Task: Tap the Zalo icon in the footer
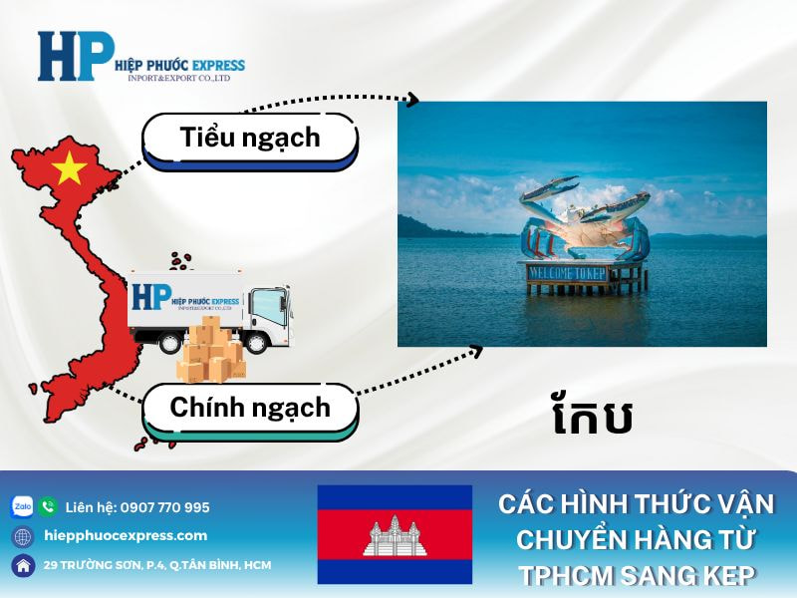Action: pos(22,506)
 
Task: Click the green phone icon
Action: pos(48,506)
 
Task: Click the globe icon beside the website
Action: pos(22,536)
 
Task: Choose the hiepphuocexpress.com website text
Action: pos(127,535)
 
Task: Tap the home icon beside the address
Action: pos(22,565)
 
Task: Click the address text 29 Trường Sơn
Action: pos(157,565)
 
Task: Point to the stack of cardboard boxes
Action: pos(209,354)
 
